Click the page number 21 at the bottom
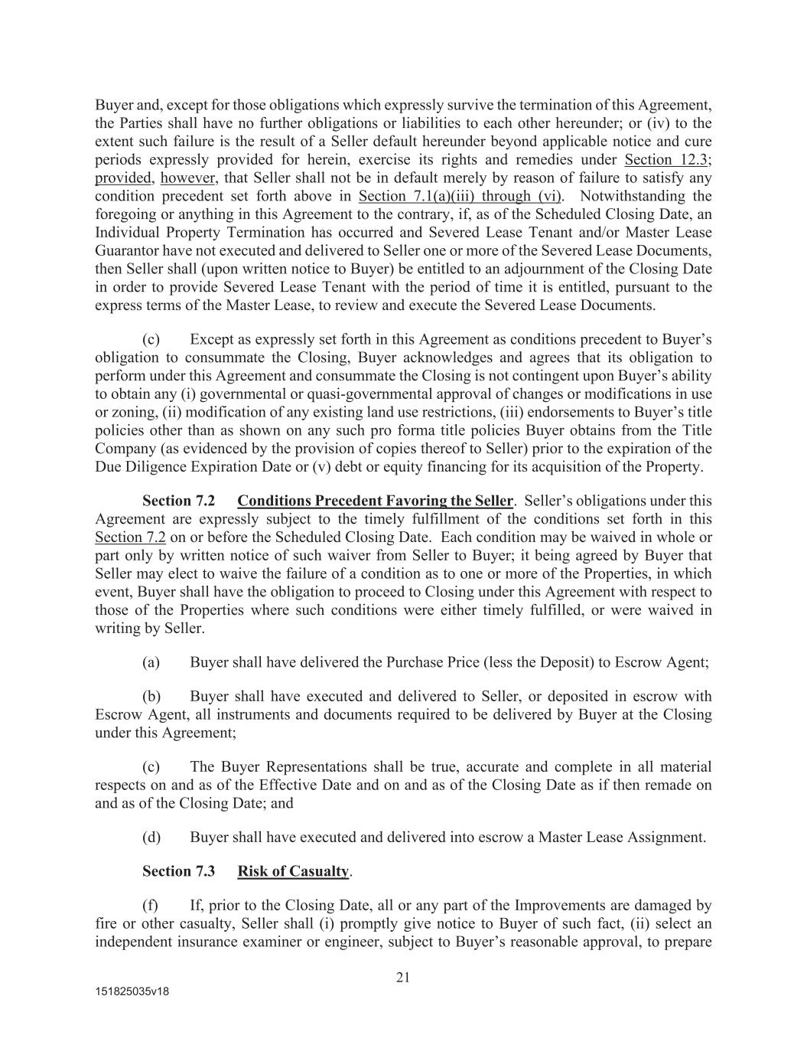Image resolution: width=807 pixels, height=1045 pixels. pyautogui.click(x=403, y=977)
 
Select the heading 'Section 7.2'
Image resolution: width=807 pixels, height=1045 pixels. pyautogui.click(x=178, y=501)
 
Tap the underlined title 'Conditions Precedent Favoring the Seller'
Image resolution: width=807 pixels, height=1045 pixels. pyautogui.click(x=375, y=501)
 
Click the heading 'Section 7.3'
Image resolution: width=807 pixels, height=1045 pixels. pyautogui.click(x=178, y=871)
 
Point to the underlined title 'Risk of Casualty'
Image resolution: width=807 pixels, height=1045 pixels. pyautogui.click(x=293, y=871)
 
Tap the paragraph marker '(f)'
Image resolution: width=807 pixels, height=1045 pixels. pyautogui.click(x=151, y=905)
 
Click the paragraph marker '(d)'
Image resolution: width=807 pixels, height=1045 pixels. pyautogui.click(x=151, y=837)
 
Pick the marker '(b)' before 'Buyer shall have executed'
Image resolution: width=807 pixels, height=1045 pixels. pyautogui.click(x=151, y=696)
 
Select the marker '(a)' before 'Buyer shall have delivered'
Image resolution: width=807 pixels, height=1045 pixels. pyautogui.click(x=151, y=662)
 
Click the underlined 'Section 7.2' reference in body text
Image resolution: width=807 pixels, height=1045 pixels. pyautogui.click(x=130, y=537)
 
